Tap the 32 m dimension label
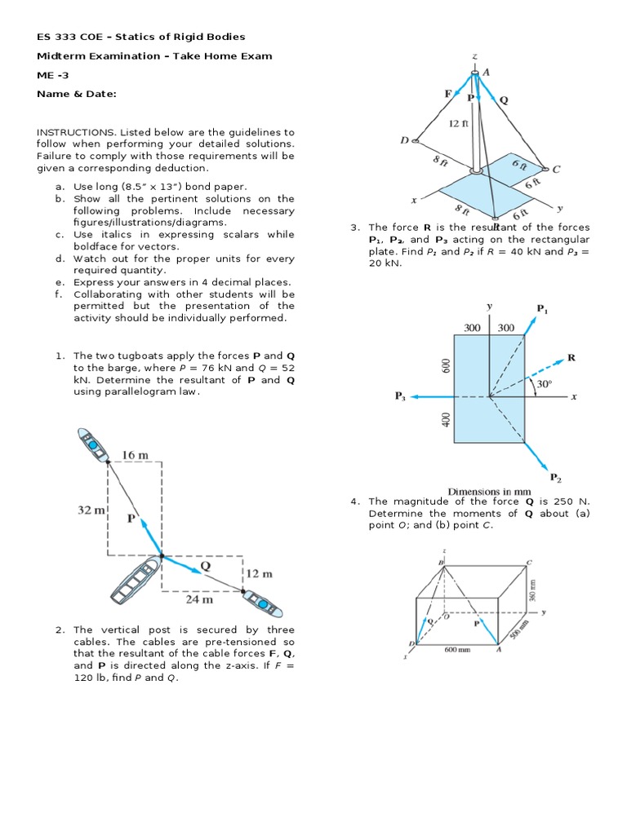(x=91, y=511)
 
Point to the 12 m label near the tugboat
(x=259, y=573)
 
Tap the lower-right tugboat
(x=263, y=602)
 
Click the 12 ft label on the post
(x=458, y=124)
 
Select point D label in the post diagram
(x=404, y=140)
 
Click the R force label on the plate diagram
(x=571, y=357)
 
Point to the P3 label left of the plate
(x=400, y=396)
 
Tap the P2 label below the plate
(x=555, y=477)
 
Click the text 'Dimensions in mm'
(x=489, y=492)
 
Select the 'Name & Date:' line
(x=76, y=94)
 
